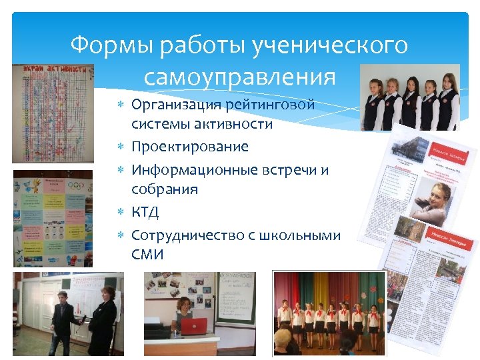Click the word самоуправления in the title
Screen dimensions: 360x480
point(239,77)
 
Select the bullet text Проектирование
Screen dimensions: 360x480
point(189,147)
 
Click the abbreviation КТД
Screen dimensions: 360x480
point(145,212)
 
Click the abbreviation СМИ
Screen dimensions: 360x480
point(147,255)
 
